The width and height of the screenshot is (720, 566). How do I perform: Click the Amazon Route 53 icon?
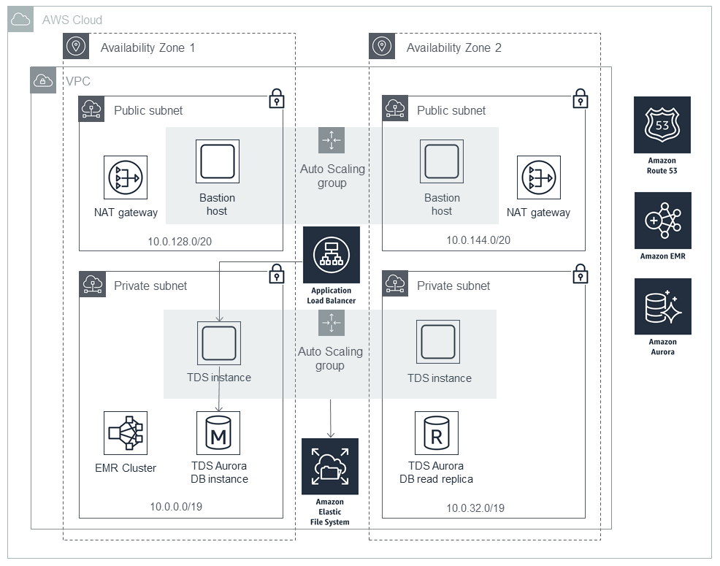pyautogui.click(x=662, y=125)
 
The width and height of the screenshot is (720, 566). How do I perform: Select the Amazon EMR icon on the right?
pyautogui.click(x=662, y=221)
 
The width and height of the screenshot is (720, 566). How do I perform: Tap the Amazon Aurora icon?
pyautogui.click(x=662, y=307)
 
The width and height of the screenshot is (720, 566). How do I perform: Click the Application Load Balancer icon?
pyautogui.click(x=332, y=255)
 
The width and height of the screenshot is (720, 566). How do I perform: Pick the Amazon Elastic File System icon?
pyautogui.click(x=330, y=466)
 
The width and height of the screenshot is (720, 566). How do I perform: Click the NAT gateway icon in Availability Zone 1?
pyautogui.click(x=126, y=177)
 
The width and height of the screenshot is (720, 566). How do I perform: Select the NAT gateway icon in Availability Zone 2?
pyautogui.click(x=539, y=177)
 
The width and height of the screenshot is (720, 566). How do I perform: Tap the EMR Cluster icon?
pyautogui.click(x=126, y=433)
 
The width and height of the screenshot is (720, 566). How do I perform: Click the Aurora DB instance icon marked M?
pyautogui.click(x=218, y=433)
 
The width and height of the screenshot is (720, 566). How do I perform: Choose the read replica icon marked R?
pyautogui.click(x=437, y=433)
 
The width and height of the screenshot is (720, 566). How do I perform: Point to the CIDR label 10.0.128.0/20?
pyautogui.click(x=180, y=240)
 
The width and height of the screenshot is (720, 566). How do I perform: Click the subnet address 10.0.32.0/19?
pyautogui.click(x=475, y=508)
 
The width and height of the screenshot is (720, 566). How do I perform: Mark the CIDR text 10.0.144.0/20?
pyautogui.click(x=478, y=240)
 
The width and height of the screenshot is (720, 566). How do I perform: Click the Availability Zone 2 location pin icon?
pyautogui.click(x=382, y=47)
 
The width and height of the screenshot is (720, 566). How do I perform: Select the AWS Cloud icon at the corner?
pyautogui.click(x=21, y=20)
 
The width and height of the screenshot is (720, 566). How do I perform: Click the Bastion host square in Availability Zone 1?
pyautogui.click(x=218, y=162)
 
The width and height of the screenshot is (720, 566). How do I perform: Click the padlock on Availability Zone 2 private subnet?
pyautogui.click(x=580, y=275)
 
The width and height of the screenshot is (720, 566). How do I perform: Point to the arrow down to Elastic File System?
pyautogui.click(x=331, y=420)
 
